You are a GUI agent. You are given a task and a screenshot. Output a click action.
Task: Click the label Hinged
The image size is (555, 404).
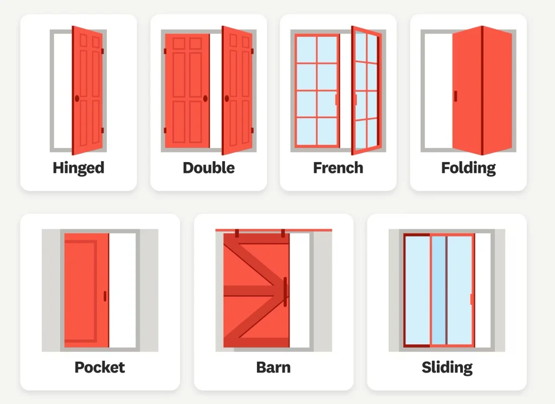79,168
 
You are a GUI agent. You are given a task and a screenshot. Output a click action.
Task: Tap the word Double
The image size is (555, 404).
209,168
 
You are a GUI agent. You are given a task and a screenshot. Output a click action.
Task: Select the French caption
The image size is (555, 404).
338,168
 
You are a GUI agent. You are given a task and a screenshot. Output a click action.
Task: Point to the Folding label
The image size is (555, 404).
468,168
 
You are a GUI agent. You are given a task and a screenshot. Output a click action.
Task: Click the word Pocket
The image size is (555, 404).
100,367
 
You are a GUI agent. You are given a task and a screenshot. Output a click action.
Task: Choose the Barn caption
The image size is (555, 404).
273,367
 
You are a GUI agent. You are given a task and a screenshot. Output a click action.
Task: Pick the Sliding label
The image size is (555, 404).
447,367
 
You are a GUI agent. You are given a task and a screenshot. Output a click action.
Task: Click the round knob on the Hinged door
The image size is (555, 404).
76,99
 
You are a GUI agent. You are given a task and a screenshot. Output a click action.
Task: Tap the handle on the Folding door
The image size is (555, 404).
455,96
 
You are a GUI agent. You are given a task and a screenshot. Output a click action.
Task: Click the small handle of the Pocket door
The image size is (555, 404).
105,296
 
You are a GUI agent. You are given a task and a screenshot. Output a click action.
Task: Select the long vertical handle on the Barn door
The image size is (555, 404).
285,292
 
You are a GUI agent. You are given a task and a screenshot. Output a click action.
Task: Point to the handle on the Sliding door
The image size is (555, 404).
472,299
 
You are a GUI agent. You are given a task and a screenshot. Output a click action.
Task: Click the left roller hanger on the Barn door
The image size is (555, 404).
237,234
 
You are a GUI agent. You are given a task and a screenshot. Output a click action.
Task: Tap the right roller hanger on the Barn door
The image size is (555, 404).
283,234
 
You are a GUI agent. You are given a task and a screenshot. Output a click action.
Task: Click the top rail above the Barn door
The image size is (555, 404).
273,230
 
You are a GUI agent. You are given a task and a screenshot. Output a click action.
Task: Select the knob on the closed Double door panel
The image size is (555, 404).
205,99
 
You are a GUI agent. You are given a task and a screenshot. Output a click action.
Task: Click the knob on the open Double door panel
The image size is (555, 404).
226,99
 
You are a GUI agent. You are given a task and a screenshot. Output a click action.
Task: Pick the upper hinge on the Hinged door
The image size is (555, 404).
102,51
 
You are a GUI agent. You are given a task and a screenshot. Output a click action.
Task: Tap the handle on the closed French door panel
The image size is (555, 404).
337,99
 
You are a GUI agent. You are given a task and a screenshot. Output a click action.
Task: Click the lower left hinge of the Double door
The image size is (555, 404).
165,130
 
